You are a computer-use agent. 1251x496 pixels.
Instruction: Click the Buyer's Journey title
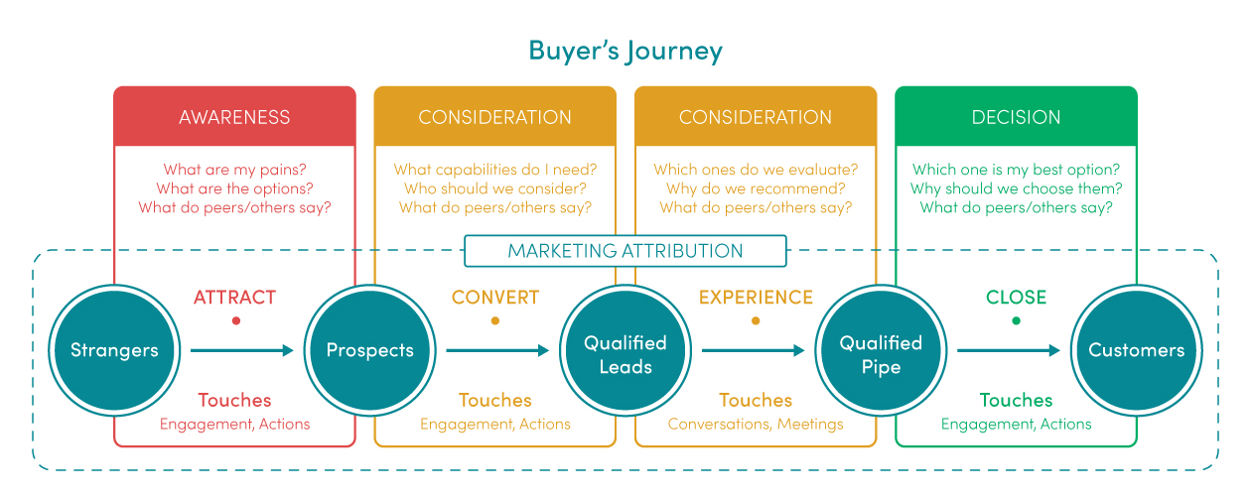click(x=625, y=52)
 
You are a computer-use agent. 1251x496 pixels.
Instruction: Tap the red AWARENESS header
click(x=234, y=117)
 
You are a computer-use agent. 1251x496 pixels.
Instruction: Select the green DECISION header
click(x=1016, y=117)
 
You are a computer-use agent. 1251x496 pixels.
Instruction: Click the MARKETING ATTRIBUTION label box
click(x=625, y=251)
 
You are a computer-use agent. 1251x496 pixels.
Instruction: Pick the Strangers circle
click(x=114, y=350)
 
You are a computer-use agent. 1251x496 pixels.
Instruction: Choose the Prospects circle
click(x=369, y=350)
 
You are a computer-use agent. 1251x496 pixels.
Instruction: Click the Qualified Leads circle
click(x=625, y=350)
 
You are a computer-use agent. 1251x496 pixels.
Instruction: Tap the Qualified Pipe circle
click(x=881, y=350)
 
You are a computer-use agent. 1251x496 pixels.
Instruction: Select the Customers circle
click(x=1137, y=350)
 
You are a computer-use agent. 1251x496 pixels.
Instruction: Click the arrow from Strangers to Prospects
click(x=242, y=350)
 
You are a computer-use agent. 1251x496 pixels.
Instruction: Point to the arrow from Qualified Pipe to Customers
click(x=1009, y=350)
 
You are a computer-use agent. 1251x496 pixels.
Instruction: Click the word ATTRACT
click(x=235, y=298)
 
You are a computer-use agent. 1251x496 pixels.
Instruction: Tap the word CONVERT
click(x=495, y=298)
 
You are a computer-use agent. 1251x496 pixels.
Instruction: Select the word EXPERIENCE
click(x=756, y=298)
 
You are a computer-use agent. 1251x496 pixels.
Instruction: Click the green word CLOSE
click(x=1016, y=298)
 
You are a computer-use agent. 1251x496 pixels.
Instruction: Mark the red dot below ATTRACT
click(x=236, y=320)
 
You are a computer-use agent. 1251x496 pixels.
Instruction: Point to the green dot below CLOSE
click(x=1017, y=320)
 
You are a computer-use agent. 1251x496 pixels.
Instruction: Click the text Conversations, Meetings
click(x=756, y=424)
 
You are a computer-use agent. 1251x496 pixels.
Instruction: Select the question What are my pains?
click(x=234, y=169)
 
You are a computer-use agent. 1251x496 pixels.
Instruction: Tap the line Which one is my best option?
click(x=1016, y=169)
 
